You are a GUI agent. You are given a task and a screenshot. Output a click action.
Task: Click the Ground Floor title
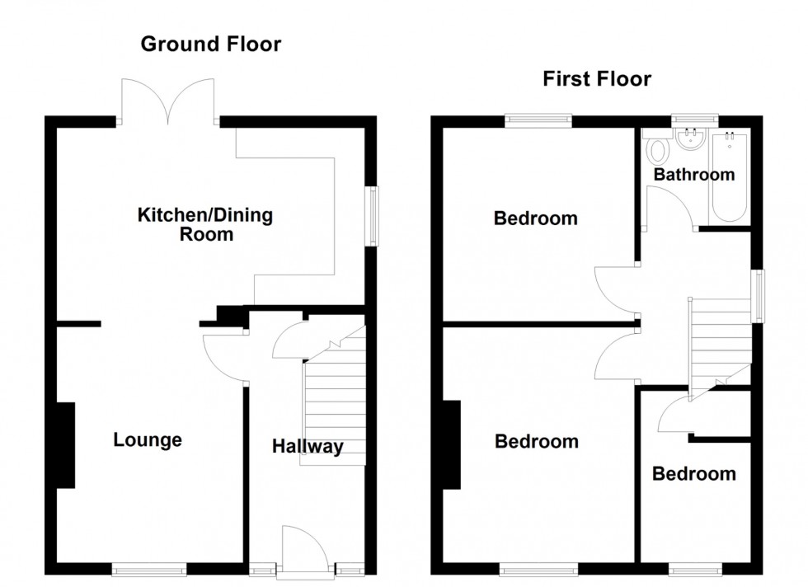(x=210, y=45)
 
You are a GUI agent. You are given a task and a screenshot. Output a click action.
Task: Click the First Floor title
(x=596, y=79)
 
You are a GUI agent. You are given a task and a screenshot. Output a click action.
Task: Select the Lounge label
(x=148, y=440)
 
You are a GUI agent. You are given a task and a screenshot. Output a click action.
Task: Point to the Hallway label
(x=308, y=447)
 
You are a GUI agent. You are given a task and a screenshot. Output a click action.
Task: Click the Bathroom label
(x=693, y=175)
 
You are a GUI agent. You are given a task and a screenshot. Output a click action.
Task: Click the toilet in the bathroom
(x=657, y=152)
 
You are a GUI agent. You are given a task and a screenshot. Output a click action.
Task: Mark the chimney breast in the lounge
(x=65, y=445)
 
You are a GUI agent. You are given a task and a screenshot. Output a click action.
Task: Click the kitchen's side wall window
(x=373, y=216)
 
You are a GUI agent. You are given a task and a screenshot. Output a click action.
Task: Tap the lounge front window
(x=150, y=568)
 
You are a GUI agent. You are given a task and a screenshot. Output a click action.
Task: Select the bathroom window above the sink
(x=694, y=120)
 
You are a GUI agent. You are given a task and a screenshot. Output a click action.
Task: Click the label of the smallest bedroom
(x=693, y=474)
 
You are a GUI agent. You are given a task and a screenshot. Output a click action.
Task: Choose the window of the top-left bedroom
(x=538, y=120)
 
